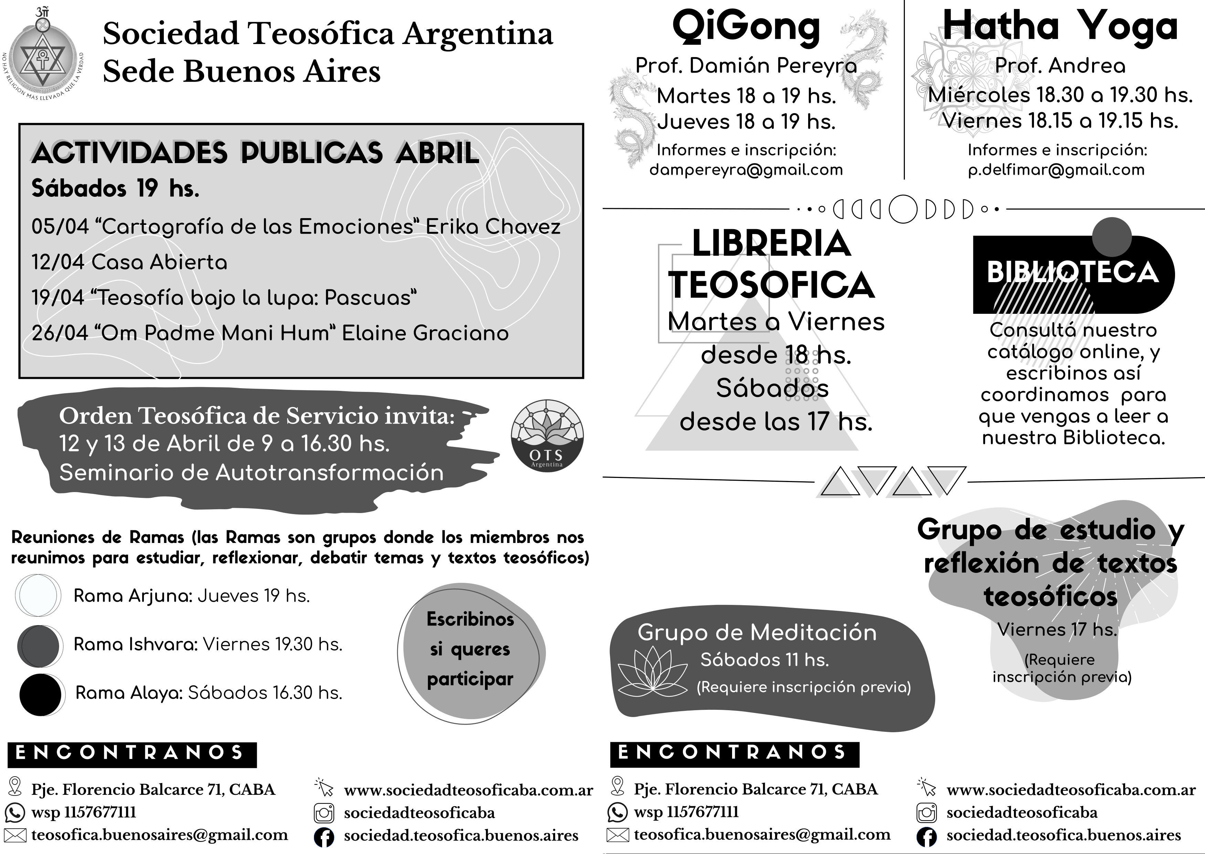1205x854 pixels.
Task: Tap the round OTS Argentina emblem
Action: click(547, 435)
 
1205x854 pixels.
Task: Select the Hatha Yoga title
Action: click(1060, 26)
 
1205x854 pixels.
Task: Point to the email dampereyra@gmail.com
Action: click(746, 170)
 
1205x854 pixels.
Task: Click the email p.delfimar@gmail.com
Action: click(1056, 170)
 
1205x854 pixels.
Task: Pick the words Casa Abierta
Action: click(159, 262)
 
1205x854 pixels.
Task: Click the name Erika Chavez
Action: click(493, 227)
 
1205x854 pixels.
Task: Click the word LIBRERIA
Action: click(771, 244)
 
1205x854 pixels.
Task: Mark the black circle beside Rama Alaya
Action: click(41, 695)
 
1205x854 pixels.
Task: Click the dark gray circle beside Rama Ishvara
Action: click(39, 645)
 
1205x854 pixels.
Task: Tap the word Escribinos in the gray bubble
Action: click(470, 619)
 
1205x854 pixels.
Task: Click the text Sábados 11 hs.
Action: click(764, 660)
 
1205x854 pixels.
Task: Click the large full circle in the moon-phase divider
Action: click(902, 209)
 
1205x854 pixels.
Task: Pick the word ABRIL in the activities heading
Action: click(437, 153)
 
